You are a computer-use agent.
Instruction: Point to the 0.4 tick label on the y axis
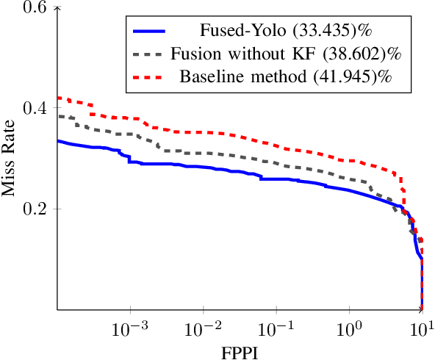35,108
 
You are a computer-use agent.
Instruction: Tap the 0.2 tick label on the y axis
35,209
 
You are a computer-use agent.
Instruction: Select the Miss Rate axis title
10,159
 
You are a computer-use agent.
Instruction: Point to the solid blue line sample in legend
149,32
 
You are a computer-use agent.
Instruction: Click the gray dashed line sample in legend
149,54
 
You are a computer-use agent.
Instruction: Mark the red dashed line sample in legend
149,76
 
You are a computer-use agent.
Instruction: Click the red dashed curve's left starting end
59,98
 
